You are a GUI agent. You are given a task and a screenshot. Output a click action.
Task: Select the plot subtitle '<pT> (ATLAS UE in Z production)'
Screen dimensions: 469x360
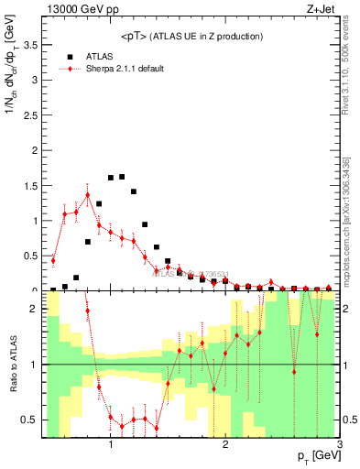point(192,36)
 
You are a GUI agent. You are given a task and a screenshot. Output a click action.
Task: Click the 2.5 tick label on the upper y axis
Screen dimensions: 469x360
point(30,115)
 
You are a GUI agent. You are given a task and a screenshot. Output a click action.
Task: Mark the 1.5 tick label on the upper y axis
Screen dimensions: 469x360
point(30,185)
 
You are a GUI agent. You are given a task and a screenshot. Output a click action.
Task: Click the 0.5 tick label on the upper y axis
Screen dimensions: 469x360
point(30,256)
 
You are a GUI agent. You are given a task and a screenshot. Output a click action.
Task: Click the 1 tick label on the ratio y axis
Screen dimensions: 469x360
point(35,365)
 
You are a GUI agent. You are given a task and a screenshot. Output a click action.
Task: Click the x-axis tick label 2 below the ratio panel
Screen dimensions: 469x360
point(225,445)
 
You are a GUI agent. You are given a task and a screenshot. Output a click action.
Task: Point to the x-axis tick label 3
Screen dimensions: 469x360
point(339,445)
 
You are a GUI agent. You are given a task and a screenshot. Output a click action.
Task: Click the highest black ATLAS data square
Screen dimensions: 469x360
point(122,177)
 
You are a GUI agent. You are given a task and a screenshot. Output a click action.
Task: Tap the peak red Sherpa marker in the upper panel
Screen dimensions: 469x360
point(87,195)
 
